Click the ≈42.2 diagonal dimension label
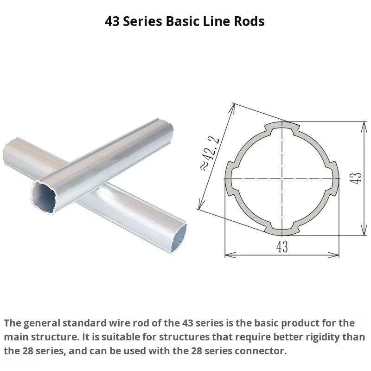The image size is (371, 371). click(211, 154)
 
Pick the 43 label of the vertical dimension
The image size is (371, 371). click(356, 179)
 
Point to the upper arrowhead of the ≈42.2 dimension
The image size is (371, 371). click(231, 108)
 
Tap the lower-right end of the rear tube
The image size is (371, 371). click(179, 238)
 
